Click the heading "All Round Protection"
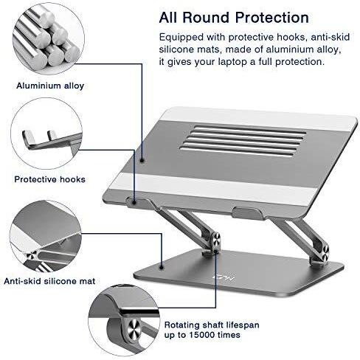[x=234, y=18]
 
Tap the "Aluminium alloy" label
[x=50, y=86]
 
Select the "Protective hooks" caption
[x=49, y=179]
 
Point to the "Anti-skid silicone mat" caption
[x=49, y=281]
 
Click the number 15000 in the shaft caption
[x=202, y=335]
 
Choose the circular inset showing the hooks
[x=46, y=134]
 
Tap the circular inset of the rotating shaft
[x=124, y=320]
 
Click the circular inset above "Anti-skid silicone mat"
[x=46, y=236]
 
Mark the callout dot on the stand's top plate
[x=142, y=161]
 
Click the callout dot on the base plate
[x=162, y=267]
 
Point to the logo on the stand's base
[x=224, y=279]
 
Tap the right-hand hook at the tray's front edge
[x=247, y=213]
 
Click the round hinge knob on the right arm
[x=324, y=254]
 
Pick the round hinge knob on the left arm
[x=215, y=242]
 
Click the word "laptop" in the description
[x=232, y=61]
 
